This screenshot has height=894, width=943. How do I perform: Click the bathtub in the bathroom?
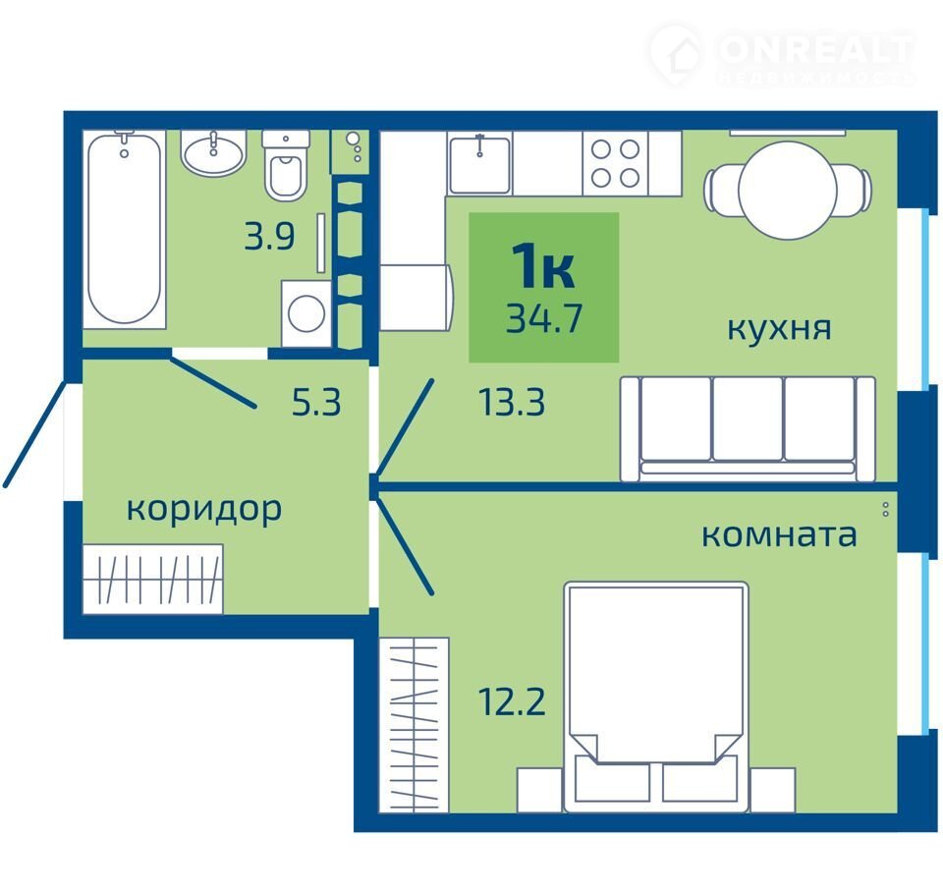(125, 230)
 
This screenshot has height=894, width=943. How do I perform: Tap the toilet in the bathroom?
(285, 166)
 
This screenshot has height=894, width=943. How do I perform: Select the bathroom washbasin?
(213, 153)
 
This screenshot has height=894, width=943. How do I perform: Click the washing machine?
(306, 313)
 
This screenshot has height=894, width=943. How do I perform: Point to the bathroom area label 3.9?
(269, 236)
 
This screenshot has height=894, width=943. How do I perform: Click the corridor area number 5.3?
(316, 403)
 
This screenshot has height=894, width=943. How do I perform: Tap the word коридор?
(204, 510)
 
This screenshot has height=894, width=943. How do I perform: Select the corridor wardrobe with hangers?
(153, 580)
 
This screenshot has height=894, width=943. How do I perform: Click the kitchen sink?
(480, 164)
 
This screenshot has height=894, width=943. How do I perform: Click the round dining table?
(787, 191)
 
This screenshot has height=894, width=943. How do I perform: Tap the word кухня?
(779, 328)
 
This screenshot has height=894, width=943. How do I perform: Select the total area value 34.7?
(544, 318)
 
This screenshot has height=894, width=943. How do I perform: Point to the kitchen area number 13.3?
(512, 403)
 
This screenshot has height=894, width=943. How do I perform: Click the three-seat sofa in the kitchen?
(748, 429)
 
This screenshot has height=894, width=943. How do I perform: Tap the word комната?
(779, 534)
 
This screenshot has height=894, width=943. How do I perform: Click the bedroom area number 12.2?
(512, 701)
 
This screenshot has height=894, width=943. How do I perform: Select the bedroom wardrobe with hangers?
(415, 725)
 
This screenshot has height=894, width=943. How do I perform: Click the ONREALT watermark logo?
(782, 55)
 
